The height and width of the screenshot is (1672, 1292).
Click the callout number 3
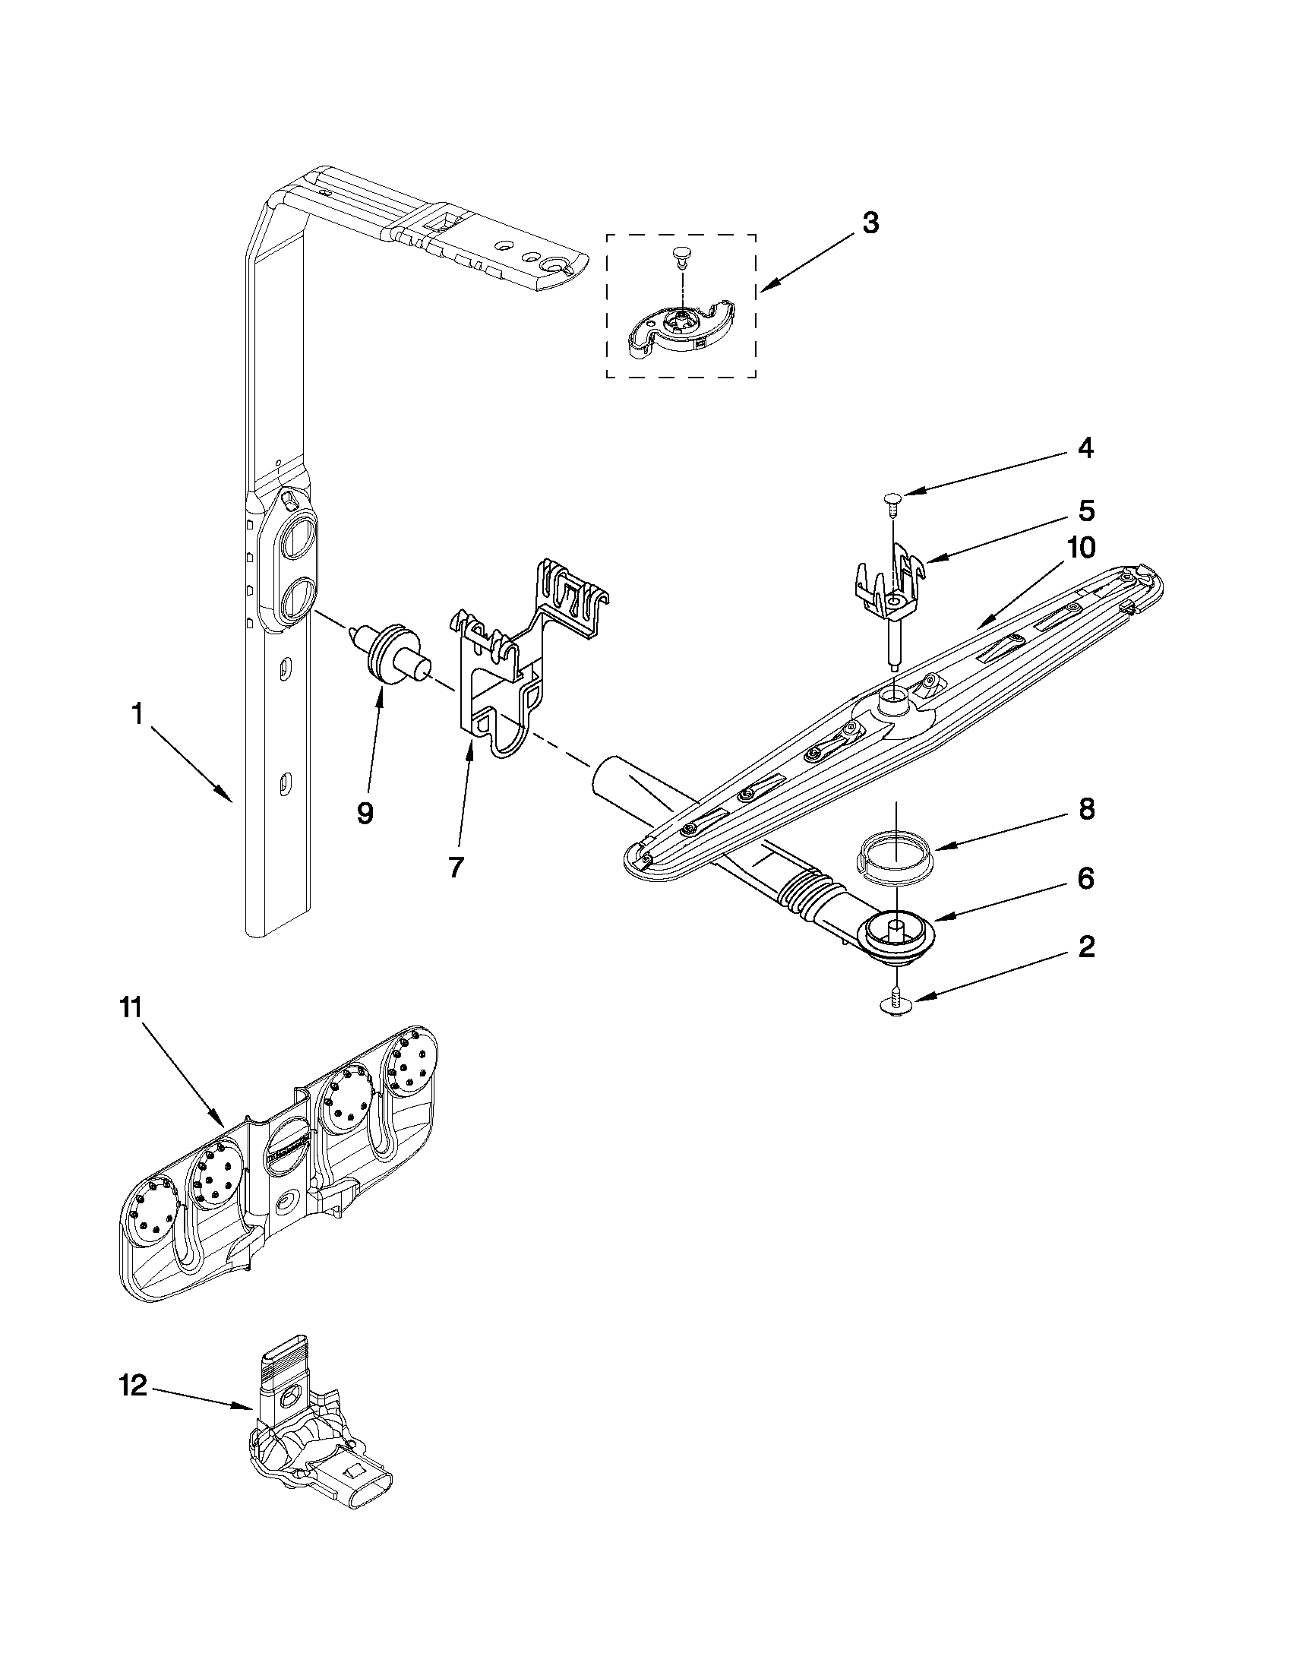pos(870,223)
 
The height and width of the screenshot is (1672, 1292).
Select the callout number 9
pos(365,813)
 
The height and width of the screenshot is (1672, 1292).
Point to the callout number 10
pos(1082,548)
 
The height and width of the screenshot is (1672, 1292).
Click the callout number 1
pos(137,715)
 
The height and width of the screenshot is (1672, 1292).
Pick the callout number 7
pos(456,867)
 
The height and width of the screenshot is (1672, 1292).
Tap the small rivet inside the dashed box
pos(680,254)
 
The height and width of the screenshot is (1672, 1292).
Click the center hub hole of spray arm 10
pos(894,697)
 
